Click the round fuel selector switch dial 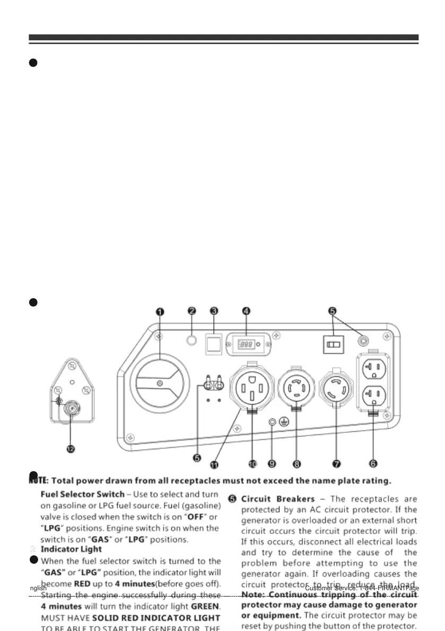tap(159, 383)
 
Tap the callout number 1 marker tap(160, 312)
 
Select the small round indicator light tap(193, 338)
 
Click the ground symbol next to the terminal tap(284, 422)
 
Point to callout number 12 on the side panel tap(71, 449)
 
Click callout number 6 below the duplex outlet tap(373, 464)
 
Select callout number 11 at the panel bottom tap(214, 465)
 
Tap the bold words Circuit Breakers tap(278, 499)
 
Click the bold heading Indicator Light tap(78, 550)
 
